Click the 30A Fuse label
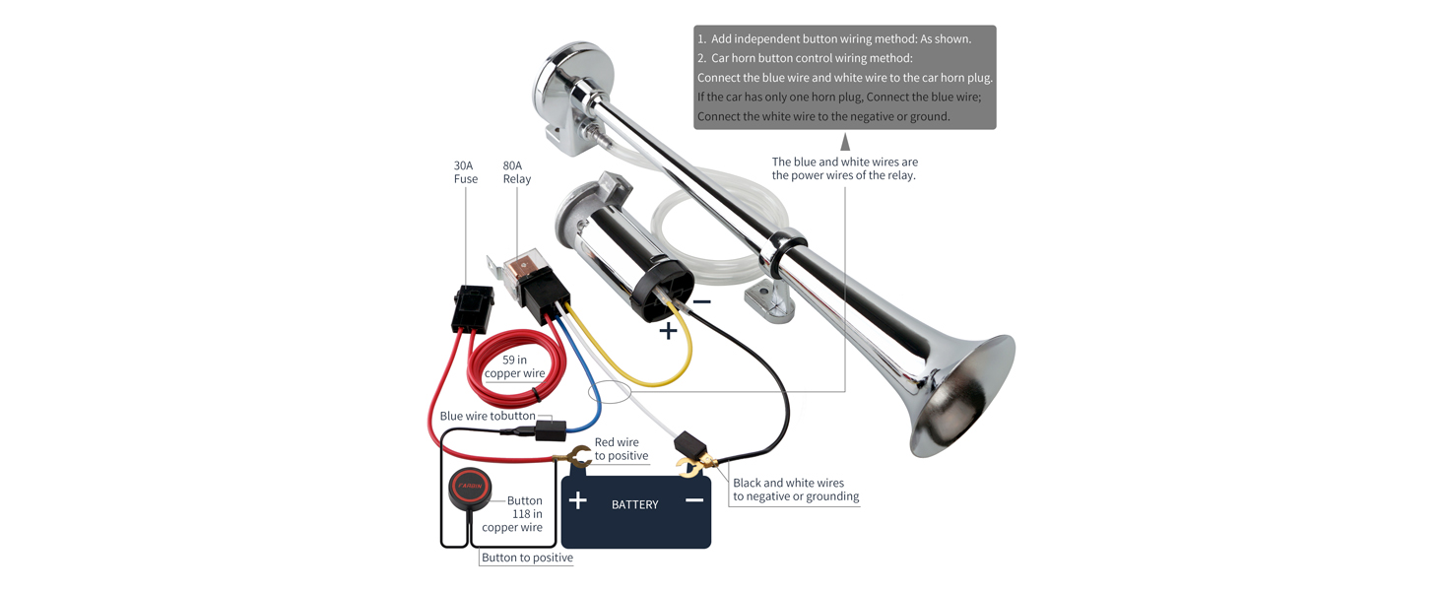466,172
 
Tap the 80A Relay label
516,172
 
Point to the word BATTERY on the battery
634,504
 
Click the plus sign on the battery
578,501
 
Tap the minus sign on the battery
694,500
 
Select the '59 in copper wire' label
514,366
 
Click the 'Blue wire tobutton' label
488,416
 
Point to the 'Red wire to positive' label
621,449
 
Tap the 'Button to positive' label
527,558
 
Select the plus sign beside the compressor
668,331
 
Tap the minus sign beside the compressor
701,301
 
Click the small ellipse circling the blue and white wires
610,392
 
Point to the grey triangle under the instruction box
844,143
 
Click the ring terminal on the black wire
689,462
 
